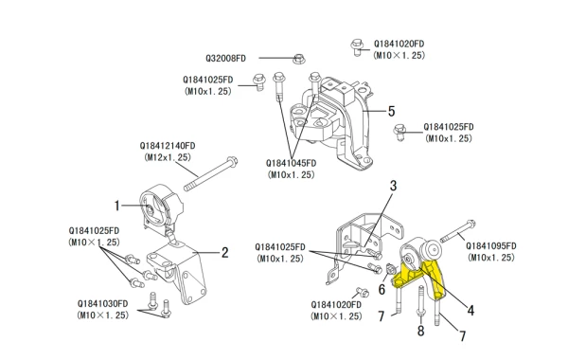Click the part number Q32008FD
click(225, 59)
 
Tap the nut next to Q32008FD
click(299, 58)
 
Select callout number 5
click(391, 111)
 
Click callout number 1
click(116, 206)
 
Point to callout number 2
click(224, 252)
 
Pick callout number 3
click(393, 186)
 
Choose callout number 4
click(470, 311)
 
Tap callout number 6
click(382, 289)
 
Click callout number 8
click(420, 331)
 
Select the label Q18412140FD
click(168, 146)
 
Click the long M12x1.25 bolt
click(210, 173)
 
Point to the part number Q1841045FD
click(291, 163)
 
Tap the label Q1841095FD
click(490, 246)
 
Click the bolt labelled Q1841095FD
click(458, 231)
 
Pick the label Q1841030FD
click(102, 304)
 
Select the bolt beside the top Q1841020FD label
click(357, 47)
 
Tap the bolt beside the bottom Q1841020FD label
click(363, 292)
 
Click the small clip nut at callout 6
click(391, 269)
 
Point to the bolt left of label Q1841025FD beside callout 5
click(399, 132)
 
